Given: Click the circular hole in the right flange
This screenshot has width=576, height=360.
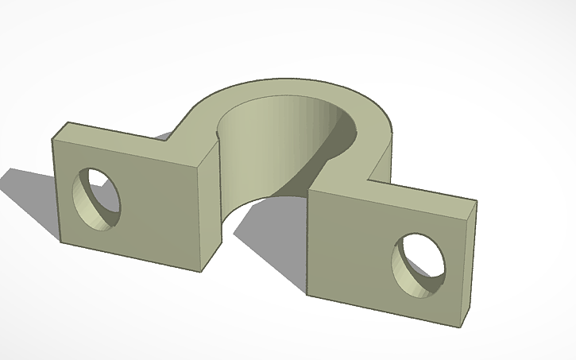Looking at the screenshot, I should tap(419, 262).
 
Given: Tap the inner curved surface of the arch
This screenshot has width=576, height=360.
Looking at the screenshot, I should tap(262, 151).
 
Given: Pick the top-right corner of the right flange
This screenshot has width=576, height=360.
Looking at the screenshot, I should tap(477, 201).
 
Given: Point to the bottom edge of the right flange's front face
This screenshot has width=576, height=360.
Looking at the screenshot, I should tap(381, 312).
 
